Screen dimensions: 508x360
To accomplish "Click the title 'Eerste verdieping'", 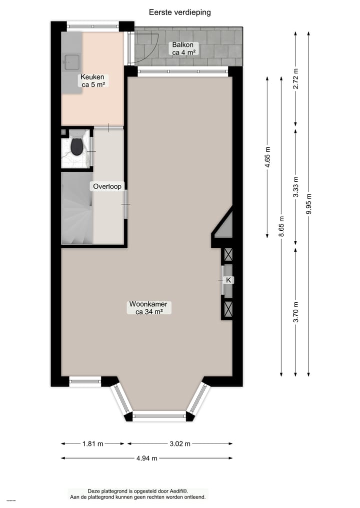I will pyautogui.click(x=180, y=12).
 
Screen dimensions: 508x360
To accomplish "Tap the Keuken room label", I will pyautogui.click(x=92, y=81).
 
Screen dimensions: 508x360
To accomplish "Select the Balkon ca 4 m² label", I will pyautogui.click(x=183, y=48).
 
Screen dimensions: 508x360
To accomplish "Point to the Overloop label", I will pyautogui.click(x=106, y=187).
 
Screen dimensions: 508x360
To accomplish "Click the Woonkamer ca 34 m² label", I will pyautogui.click(x=148, y=308).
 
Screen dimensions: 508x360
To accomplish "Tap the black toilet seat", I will pyautogui.click(x=76, y=147).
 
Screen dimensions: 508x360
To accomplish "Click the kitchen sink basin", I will pyautogui.click(x=70, y=61).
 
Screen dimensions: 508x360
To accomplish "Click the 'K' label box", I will pyautogui.click(x=228, y=280).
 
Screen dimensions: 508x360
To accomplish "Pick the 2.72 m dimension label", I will pyautogui.click(x=295, y=78).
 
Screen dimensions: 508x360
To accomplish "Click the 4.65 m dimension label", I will pyautogui.click(x=267, y=156).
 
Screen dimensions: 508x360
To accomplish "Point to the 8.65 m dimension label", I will pyautogui.click(x=281, y=226).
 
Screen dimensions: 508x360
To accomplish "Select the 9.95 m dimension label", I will pyautogui.click(x=309, y=204).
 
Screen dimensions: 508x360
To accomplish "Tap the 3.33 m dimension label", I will pyautogui.click(x=295, y=187).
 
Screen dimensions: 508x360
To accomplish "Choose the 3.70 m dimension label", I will pyautogui.click(x=295, y=312).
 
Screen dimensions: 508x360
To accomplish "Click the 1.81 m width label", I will pyautogui.click(x=93, y=444).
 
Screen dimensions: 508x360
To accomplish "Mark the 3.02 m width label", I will pyautogui.click(x=179, y=444).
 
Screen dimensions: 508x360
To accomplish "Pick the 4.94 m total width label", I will pyautogui.click(x=147, y=458).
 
